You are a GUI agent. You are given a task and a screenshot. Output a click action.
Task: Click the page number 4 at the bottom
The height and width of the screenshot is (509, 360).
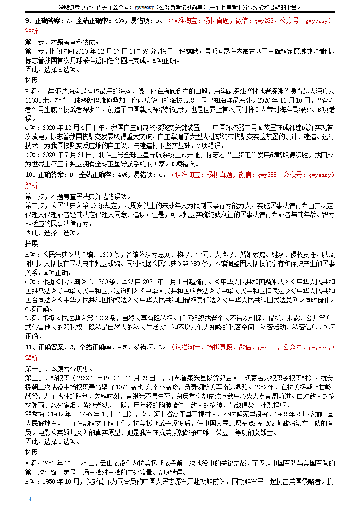click(30, 499)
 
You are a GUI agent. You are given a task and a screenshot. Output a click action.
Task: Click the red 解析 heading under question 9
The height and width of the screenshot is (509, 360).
click(32, 31)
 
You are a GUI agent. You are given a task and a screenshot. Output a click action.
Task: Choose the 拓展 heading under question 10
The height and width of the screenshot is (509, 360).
click(32, 244)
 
